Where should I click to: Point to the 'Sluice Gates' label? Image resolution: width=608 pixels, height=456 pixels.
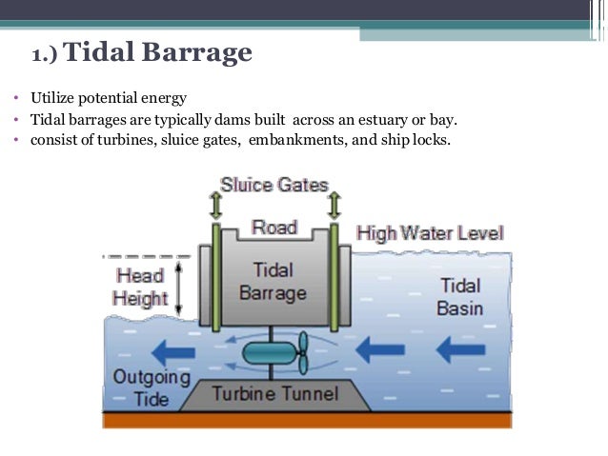pyautogui.click(x=274, y=185)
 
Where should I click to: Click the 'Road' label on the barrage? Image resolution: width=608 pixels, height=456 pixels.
pyautogui.click(x=274, y=228)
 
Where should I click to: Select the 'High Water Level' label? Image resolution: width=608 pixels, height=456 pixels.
pyautogui.click(x=430, y=233)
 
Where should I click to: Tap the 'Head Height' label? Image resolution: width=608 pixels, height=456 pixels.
pyautogui.click(x=140, y=287)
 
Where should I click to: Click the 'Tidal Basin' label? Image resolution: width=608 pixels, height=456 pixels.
pyautogui.click(x=460, y=297)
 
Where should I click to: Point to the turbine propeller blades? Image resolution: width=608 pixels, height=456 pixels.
pyautogui.click(x=302, y=352)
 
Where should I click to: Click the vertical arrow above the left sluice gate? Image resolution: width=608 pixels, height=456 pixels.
pyautogui.click(x=215, y=204)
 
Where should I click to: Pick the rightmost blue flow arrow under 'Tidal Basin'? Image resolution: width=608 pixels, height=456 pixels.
pyautogui.click(x=460, y=351)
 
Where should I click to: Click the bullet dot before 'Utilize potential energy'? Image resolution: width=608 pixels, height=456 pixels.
pyautogui.click(x=16, y=99)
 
